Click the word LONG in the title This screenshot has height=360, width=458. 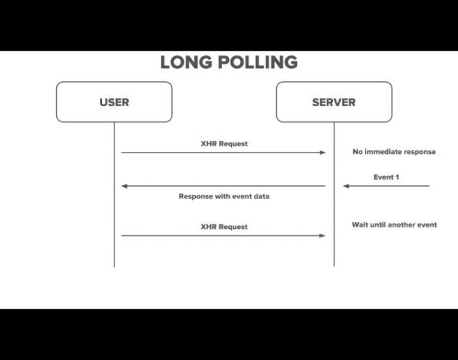[x=186, y=62]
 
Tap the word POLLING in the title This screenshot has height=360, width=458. [x=258, y=62]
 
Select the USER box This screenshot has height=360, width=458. [x=114, y=102]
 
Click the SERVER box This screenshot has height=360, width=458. [x=334, y=102]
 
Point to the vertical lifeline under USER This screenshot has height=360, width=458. [x=114, y=194]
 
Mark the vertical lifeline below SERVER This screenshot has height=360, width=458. [x=334, y=194]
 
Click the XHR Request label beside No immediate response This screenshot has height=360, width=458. [x=224, y=144]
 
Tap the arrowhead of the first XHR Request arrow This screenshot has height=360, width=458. [x=323, y=153]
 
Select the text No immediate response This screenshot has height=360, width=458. [x=394, y=152]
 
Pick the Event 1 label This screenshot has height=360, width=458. [x=386, y=178]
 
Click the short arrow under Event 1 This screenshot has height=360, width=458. [x=387, y=186]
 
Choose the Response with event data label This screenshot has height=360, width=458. [x=224, y=196]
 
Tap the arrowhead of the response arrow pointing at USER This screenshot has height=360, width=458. [x=124, y=186]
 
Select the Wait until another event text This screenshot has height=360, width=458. [x=394, y=225]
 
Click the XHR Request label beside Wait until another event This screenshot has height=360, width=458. [x=224, y=227]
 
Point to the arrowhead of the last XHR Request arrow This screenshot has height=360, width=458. [x=323, y=236]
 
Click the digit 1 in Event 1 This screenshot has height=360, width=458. [x=397, y=178]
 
